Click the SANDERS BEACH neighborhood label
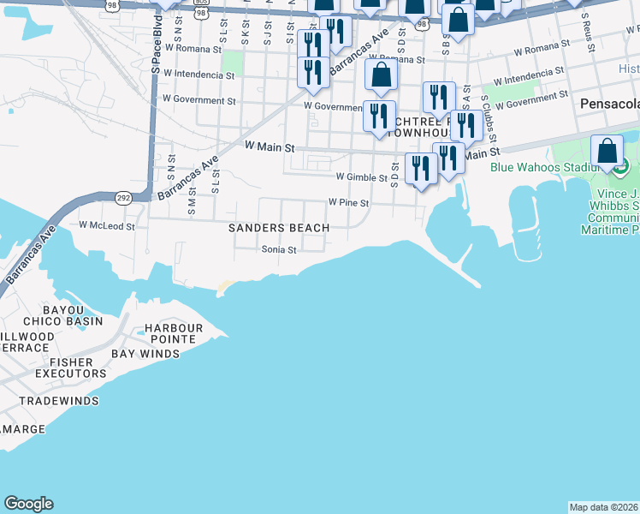pos(279,228)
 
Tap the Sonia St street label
pos(279,250)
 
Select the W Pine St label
pos(348,204)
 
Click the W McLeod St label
pos(107,226)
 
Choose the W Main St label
pos(270,147)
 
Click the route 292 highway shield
pos(123,196)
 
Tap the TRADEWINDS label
pos(59,401)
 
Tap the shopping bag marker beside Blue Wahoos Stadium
pos(607,152)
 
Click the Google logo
pos(28,504)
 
